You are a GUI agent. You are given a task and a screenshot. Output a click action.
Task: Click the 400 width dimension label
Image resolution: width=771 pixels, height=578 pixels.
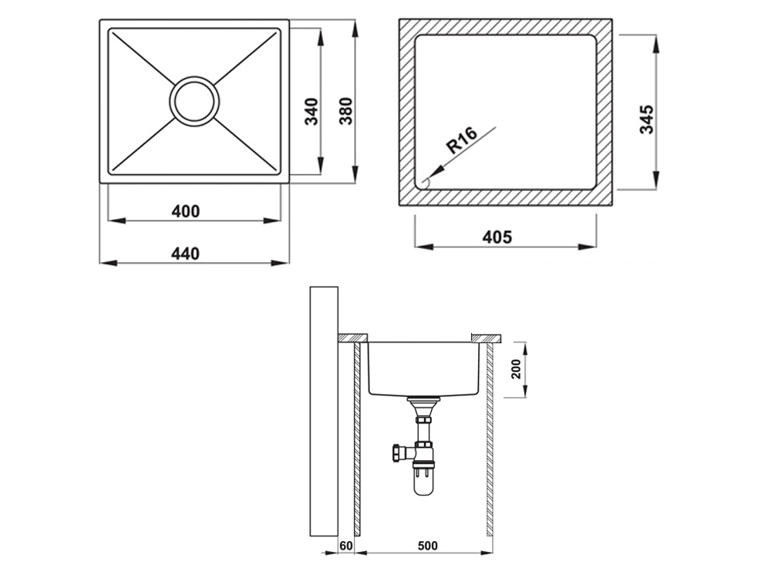[x=186, y=211]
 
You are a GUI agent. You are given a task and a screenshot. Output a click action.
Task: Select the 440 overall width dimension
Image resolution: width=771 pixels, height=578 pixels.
[x=186, y=254]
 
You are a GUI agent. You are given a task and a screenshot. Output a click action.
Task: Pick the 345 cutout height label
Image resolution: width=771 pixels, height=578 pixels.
[x=647, y=119]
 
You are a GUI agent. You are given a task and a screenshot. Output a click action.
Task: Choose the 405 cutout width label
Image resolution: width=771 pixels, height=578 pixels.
[x=497, y=237]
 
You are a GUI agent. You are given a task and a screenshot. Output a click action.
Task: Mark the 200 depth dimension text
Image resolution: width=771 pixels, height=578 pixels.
[x=517, y=370]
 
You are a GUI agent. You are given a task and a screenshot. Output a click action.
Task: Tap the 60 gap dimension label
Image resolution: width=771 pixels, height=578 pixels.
[x=346, y=546]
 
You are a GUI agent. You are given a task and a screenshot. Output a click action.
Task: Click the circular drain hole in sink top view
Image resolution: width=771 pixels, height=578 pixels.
[x=194, y=101]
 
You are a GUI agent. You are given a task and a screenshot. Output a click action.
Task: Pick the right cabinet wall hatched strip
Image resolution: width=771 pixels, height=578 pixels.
[x=490, y=439]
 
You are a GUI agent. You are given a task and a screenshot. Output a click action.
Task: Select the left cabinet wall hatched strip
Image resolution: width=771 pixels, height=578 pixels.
[x=357, y=439]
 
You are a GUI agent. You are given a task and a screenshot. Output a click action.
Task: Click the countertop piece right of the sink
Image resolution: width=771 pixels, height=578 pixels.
[x=486, y=338]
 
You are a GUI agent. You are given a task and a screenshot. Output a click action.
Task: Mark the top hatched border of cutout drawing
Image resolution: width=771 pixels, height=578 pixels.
[x=506, y=27]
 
